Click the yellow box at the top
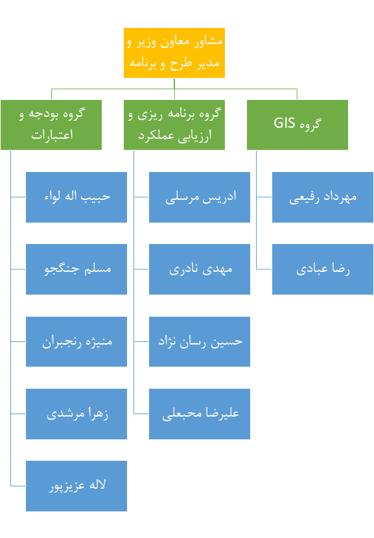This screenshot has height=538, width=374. pyautogui.click(x=174, y=53)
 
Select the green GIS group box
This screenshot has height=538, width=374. pyautogui.click(x=298, y=125)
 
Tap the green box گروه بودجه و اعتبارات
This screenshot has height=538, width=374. pyautogui.click(x=51, y=125)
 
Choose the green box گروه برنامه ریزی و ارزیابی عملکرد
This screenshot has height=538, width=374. pyautogui.click(x=174, y=125)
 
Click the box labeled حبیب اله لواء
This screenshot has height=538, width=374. pyautogui.click(x=76, y=197)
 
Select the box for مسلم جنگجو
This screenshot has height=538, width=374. pyautogui.click(x=76, y=269)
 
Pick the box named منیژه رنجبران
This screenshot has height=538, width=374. pyautogui.click(x=76, y=342)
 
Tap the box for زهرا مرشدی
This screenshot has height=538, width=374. pyautogui.click(x=76, y=414)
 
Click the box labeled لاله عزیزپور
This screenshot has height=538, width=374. pyautogui.click(x=76, y=486)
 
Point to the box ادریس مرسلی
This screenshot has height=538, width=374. pyautogui.click(x=200, y=197)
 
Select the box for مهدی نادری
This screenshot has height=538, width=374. pyautogui.click(x=200, y=269)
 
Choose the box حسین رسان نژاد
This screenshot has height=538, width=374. pyautogui.click(x=200, y=342)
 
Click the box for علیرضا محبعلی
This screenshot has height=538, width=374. pyautogui.click(x=200, y=414)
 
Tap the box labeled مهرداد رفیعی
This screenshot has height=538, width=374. pyautogui.click(x=323, y=197)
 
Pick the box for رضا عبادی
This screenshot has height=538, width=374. pyautogui.click(x=323, y=269)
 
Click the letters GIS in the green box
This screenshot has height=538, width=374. pyautogui.click(x=285, y=123)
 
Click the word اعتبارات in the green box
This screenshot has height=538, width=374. pyautogui.click(x=52, y=134)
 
